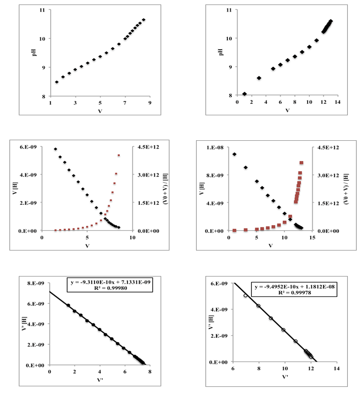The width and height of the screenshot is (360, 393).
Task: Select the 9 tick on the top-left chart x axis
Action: (150, 103)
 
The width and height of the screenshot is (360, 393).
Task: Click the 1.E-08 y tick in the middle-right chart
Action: (213, 147)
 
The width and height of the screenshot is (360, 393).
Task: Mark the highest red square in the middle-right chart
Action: (301, 162)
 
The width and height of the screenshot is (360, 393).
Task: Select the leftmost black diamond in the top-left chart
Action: (56, 82)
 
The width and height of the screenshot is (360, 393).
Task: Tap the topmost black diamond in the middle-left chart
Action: (55, 149)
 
